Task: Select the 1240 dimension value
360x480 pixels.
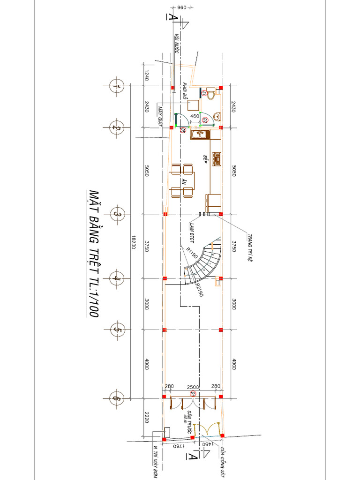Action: (x=146, y=75)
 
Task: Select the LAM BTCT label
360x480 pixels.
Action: (x=192, y=228)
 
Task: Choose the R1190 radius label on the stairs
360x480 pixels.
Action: (x=191, y=254)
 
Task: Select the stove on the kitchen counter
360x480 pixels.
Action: (x=217, y=159)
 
